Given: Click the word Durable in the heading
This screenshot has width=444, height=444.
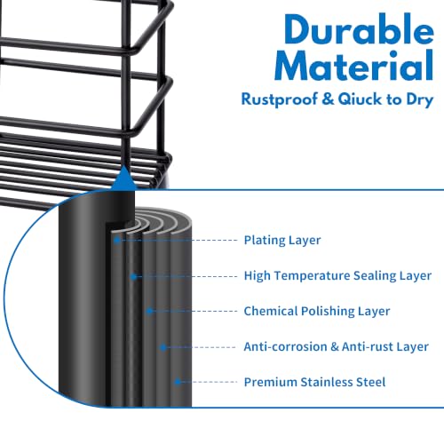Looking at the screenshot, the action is pyautogui.click(x=359, y=29).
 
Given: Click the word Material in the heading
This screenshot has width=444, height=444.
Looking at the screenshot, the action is pyautogui.click(x=354, y=66).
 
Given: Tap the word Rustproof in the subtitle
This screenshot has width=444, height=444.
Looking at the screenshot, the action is pyautogui.click(x=279, y=99).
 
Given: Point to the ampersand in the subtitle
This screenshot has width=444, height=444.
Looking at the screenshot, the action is pyautogui.click(x=328, y=99).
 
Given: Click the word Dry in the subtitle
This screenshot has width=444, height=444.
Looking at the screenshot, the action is pyautogui.click(x=420, y=99).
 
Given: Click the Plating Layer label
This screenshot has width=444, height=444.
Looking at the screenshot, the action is pyautogui.click(x=282, y=240).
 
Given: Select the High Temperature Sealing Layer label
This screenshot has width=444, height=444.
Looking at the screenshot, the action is pyautogui.click(x=337, y=275).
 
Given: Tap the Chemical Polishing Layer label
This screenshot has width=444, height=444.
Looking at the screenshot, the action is pyautogui.click(x=317, y=311).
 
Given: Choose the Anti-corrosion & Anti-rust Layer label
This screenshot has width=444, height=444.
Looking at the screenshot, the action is pyautogui.click(x=337, y=346).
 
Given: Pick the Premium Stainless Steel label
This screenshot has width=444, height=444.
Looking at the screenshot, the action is pyautogui.click(x=314, y=382).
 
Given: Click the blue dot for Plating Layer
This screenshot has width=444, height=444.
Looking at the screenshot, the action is pyautogui.click(x=117, y=240).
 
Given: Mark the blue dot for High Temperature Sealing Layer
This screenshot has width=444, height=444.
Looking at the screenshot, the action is pyautogui.click(x=133, y=277).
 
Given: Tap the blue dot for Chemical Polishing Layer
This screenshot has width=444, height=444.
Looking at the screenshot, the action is pyautogui.click(x=149, y=311).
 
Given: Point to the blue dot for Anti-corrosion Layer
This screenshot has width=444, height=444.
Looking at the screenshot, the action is pyautogui.click(x=163, y=347).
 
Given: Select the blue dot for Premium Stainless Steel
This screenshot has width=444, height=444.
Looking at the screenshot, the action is pyautogui.click(x=178, y=382).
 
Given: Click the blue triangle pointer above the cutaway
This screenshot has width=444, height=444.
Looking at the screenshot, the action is pyautogui.click(x=124, y=178).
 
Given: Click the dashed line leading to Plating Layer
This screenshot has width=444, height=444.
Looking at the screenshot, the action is pyautogui.click(x=178, y=240).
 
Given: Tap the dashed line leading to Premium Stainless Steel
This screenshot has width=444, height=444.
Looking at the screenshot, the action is pyautogui.click(x=209, y=382).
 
